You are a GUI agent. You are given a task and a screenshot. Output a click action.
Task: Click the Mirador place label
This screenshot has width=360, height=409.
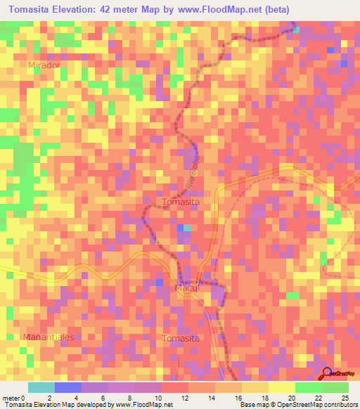(x=44, y=65)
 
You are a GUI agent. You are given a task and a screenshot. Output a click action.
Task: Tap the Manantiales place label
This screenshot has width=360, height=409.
(x=49, y=337)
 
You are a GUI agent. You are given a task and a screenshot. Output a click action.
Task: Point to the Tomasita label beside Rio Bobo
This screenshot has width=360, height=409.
(x=181, y=202)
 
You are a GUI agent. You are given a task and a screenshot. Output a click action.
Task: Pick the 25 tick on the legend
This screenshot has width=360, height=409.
(x=345, y=397)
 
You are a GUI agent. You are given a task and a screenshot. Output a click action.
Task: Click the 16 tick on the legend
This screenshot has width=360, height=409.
(x=239, y=397)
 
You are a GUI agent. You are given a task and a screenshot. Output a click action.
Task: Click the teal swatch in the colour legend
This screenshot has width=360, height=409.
(x=41, y=387)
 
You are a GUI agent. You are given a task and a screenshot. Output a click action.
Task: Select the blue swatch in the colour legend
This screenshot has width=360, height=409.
(x=68, y=387)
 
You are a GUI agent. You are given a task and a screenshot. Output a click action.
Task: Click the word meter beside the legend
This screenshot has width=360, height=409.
(x=10, y=397)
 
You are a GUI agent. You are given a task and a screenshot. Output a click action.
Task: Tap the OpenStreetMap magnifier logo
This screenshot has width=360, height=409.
(x=328, y=374)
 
